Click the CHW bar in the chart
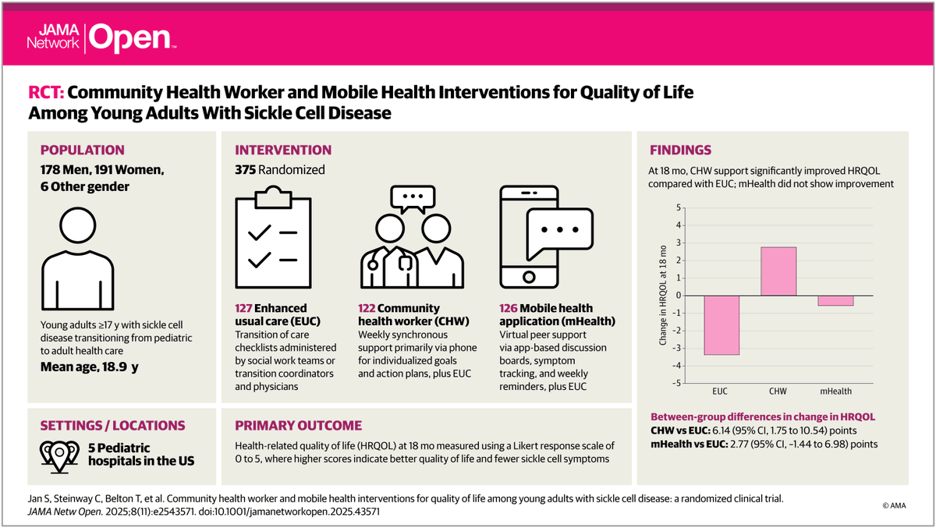[778, 271]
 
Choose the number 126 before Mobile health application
[509, 308]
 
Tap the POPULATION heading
[83, 151]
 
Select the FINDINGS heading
[680, 151]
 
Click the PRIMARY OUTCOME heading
[299, 426]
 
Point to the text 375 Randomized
[280, 170]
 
